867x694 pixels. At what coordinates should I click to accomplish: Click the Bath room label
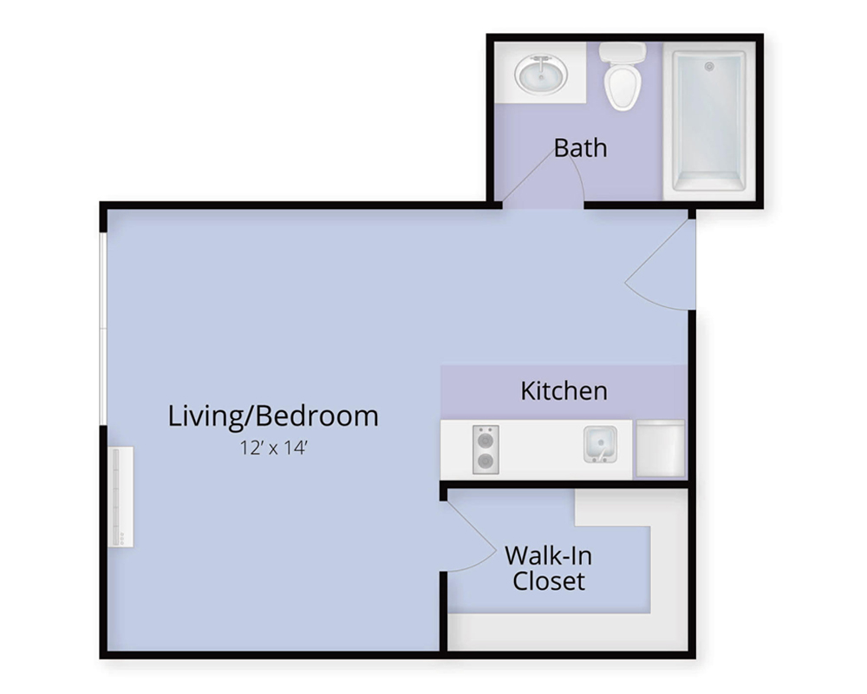coord(580,147)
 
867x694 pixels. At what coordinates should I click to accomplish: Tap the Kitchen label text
coord(564,390)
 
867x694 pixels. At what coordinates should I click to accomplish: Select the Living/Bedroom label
coord(273,416)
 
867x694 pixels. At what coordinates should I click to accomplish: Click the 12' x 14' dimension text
coord(273,448)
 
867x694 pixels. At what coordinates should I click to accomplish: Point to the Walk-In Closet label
coord(549,568)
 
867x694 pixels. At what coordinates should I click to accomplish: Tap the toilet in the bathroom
coord(623,76)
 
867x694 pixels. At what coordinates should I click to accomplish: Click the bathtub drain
coord(709,67)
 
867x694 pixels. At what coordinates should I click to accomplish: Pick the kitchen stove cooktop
coord(486,449)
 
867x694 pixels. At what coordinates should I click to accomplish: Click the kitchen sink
coord(601,444)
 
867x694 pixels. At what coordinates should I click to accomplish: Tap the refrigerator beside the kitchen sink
coord(660,448)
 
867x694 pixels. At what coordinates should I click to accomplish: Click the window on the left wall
coord(103,330)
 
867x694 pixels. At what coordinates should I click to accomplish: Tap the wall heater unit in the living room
coord(121,497)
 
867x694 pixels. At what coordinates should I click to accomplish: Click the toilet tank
coord(623,53)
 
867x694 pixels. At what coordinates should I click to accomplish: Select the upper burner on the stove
coord(486,441)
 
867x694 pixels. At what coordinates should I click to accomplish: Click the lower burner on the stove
coord(486,461)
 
